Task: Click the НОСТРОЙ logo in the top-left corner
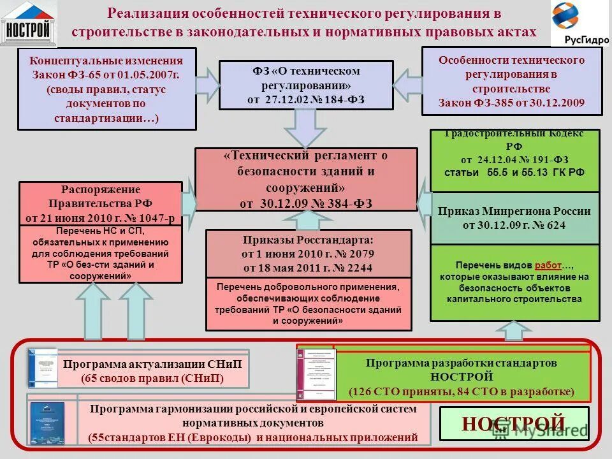pyautogui.click(x=29, y=24)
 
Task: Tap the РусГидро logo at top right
pyautogui.click(x=579, y=24)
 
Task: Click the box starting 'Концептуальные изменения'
pyautogui.click(x=106, y=89)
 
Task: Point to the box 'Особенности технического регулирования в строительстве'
pyautogui.click(x=511, y=81)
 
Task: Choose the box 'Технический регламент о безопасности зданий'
pyautogui.click(x=306, y=179)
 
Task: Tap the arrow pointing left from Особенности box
pyautogui.click(x=406, y=84)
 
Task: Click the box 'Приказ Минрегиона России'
pyautogui.click(x=514, y=218)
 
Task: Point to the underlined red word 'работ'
pyautogui.click(x=548, y=265)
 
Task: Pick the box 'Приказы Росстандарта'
pyautogui.click(x=309, y=253)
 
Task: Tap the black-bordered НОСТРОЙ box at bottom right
pyautogui.click(x=514, y=423)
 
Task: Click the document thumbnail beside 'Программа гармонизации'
pyautogui.click(x=48, y=422)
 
